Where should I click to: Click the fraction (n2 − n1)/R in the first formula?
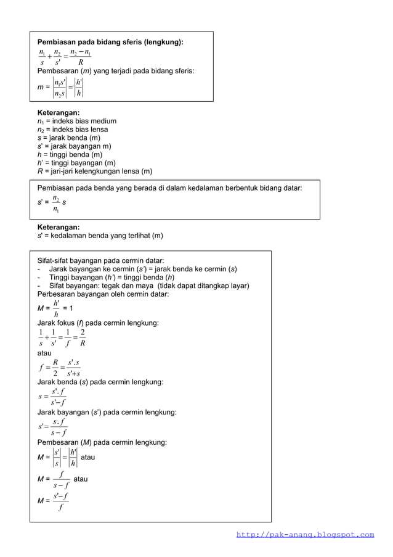coord(80,57)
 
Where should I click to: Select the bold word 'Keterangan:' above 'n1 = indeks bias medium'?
coord(59,113)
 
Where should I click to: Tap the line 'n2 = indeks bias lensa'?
coord(73,130)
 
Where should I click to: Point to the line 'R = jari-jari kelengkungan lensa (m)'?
coord(95,171)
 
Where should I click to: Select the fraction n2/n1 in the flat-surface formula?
coord(56,204)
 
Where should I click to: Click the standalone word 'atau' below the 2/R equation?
coord(46,353)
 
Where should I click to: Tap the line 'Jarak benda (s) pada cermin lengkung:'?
coord(100,382)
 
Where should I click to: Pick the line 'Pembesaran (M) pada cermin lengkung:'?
coord(102,442)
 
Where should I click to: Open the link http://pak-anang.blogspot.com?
coord(305,535)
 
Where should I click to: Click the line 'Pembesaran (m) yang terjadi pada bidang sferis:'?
coord(116,71)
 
